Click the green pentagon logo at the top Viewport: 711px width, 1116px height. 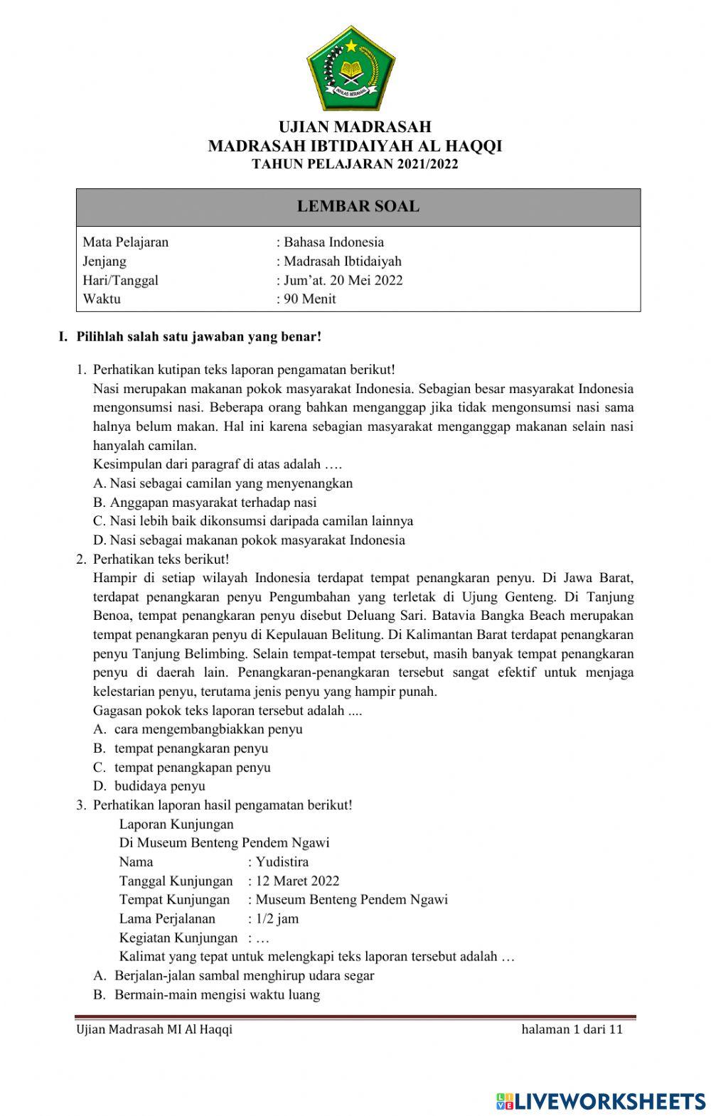pyautogui.click(x=351, y=68)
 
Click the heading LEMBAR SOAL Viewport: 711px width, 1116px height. pyautogui.click(x=358, y=207)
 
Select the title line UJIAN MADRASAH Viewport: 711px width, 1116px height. pyautogui.click(x=355, y=127)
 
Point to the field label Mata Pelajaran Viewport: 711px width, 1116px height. pyautogui.click(x=126, y=242)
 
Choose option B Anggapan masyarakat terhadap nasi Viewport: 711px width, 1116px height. pyautogui.click(x=205, y=502)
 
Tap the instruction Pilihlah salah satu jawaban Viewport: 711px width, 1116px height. pyautogui.click(x=198, y=336)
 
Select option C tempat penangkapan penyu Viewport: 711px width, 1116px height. pyautogui.click(x=192, y=767)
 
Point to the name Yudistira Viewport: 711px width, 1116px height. pyautogui.click(x=282, y=862)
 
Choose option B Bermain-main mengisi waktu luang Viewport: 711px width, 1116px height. pyautogui.click(x=217, y=994)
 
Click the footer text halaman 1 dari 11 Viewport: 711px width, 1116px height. pyautogui.click(x=572, y=1029)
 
